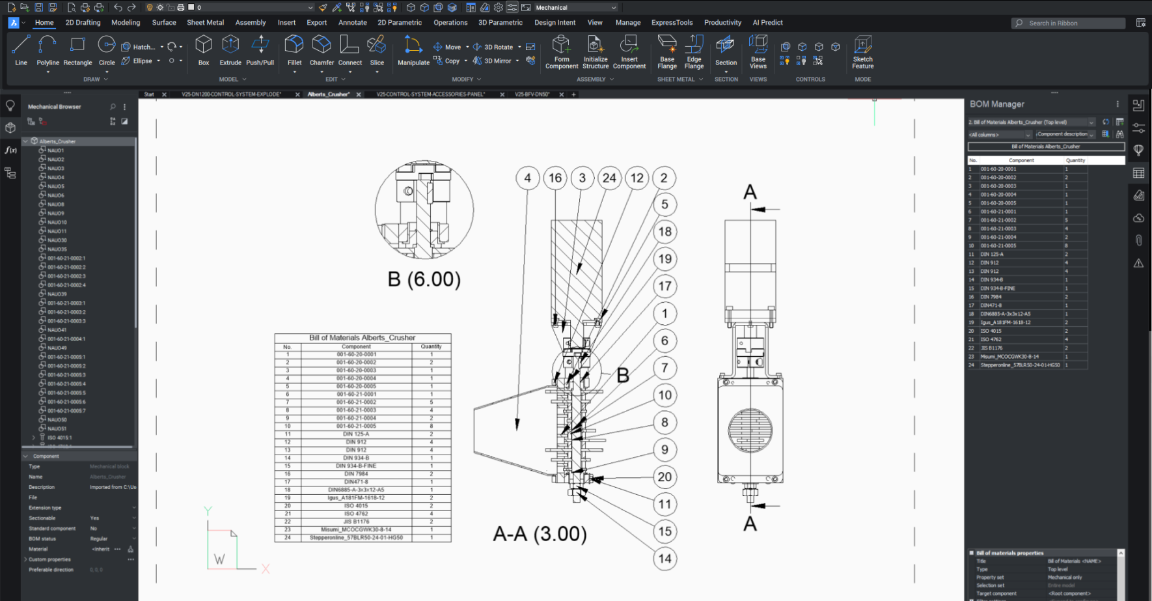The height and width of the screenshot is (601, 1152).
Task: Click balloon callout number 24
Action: (609, 178)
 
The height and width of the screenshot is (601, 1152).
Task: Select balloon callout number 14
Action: (665, 559)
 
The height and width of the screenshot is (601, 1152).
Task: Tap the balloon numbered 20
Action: (665, 477)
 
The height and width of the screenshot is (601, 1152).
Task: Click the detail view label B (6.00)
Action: (424, 279)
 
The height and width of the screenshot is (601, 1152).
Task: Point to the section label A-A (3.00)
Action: (540, 534)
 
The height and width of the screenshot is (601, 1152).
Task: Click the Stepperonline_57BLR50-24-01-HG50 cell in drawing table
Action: (356, 538)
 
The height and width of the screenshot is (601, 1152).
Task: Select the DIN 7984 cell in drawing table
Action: (356, 474)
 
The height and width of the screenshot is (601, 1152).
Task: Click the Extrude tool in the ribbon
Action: (230, 51)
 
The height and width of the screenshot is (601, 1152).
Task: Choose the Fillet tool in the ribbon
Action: (294, 51)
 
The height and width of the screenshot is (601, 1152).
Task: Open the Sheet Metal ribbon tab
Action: (205, 22)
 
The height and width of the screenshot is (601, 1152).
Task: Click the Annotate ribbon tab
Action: (352, 22)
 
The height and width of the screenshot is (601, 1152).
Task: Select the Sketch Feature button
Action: (862, 52)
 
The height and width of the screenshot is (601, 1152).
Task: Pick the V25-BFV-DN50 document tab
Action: (532, 94)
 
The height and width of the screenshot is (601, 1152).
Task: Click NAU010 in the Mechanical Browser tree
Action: (57, 222)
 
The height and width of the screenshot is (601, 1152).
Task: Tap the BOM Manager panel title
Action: (996, 104)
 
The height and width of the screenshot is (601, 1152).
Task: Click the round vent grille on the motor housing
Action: (750, 430)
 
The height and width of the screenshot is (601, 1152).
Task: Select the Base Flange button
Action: (667, 52)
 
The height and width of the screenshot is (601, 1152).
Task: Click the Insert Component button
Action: (629, 52)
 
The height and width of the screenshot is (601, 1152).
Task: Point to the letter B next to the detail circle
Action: (622, 376)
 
